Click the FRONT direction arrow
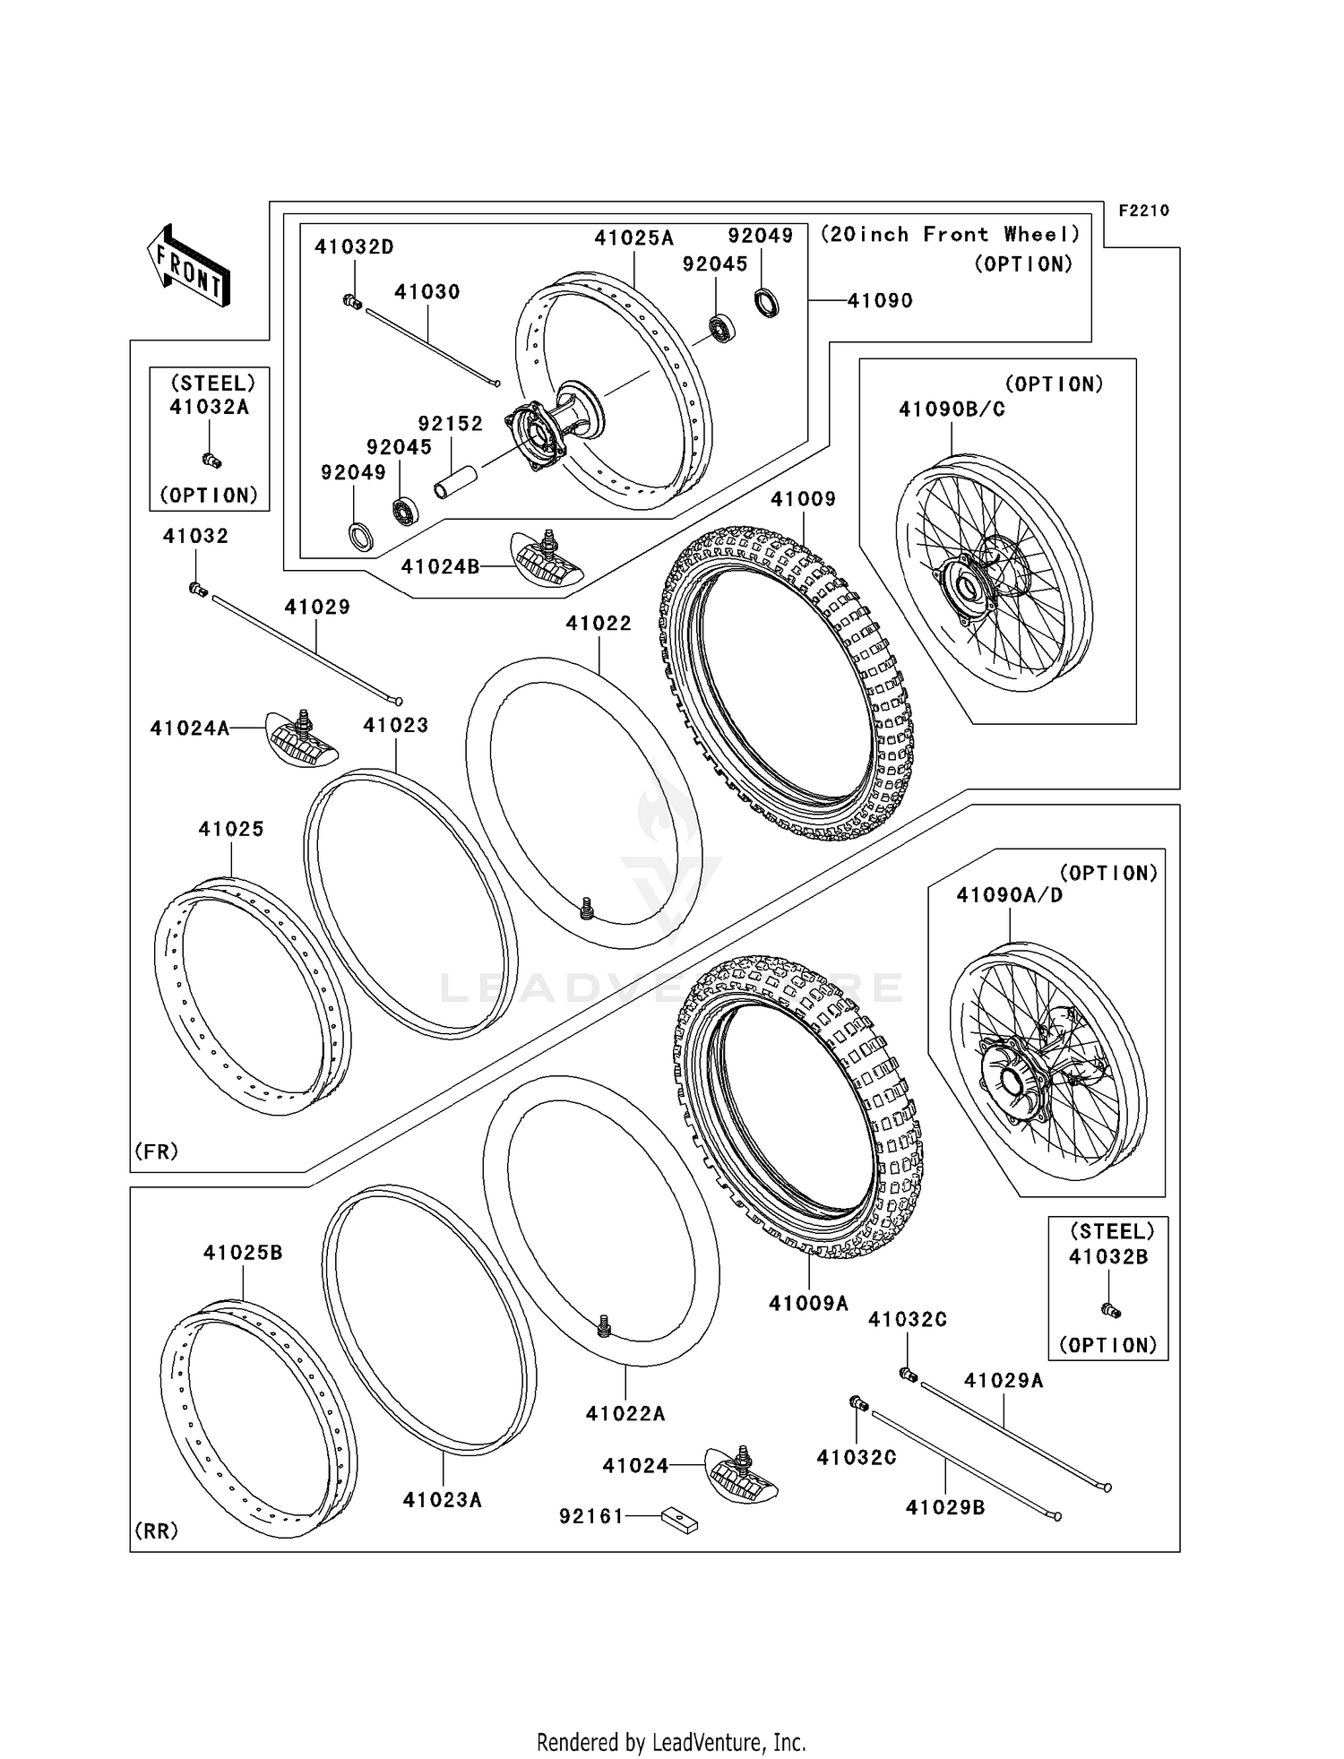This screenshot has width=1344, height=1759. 189,266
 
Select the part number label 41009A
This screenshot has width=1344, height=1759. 807,1303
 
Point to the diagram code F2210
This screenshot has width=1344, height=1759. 1143,211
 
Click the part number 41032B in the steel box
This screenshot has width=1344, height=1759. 1107,1256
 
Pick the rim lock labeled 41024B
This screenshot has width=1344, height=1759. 546,560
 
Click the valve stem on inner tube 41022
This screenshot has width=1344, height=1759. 587,908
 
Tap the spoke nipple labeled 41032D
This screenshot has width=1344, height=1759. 352,302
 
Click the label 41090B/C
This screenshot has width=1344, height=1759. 952,410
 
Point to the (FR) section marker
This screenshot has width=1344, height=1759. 157,1151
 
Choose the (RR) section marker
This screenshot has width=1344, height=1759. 157,1531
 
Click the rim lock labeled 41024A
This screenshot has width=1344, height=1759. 302,736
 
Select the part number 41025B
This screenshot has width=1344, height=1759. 243,1253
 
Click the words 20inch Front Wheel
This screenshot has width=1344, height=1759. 951,235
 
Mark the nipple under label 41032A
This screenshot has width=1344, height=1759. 211,460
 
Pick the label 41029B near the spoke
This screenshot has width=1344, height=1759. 945,1507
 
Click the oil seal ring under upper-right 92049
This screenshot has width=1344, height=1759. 766,302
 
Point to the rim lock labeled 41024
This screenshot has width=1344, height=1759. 741,1473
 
